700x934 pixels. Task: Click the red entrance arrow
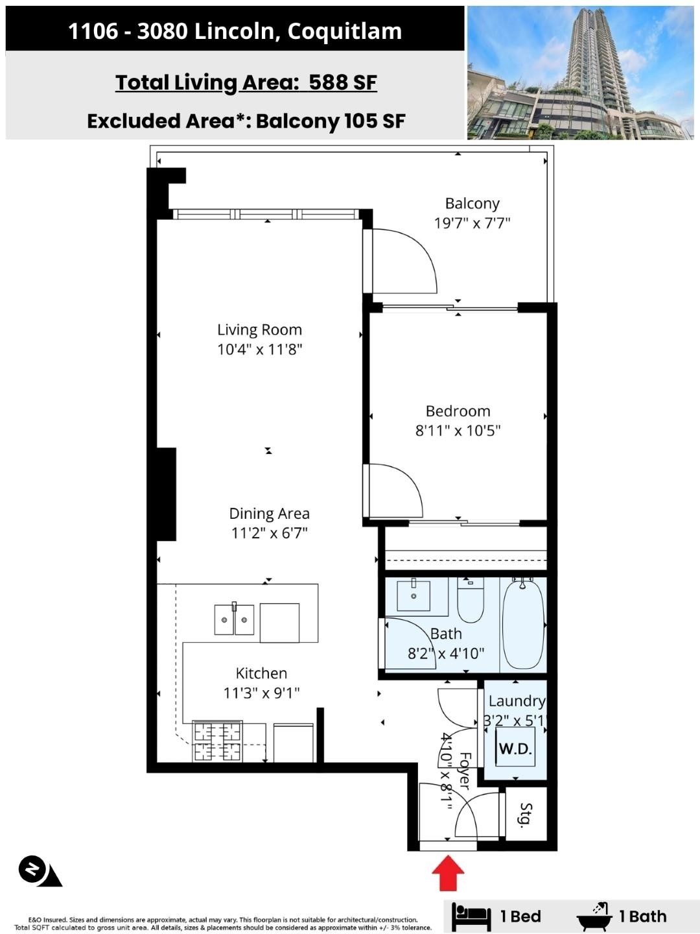448,873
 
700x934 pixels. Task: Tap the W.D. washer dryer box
515,748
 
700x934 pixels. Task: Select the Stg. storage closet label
526,814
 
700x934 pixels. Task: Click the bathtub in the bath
523,625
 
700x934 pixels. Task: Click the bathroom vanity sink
414,595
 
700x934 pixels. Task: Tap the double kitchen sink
234,620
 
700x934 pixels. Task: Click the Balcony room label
472,204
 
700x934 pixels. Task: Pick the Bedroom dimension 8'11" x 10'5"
458,431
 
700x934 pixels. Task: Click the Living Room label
259,329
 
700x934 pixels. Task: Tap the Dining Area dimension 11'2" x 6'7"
269,533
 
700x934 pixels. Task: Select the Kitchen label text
261,673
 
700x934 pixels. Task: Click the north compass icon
32,870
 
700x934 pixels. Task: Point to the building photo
580,73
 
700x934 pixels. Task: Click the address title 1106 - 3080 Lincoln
235,30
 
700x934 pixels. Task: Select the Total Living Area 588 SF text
246,82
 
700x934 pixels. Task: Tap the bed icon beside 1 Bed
471,915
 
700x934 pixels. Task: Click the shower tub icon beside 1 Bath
594,915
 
